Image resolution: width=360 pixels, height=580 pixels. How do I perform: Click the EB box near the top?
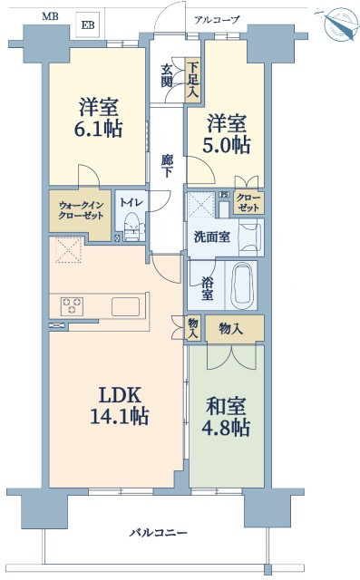click(89, 24)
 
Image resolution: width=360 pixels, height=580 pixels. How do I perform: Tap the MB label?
click(50, 16)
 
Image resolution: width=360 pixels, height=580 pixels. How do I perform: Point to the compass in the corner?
click(338, 24)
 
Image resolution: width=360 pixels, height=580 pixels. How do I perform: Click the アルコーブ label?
click(218, 20)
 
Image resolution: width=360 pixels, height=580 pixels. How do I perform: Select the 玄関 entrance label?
click(167, 76)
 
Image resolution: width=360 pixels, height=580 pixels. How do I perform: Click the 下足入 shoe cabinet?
click(192, 80)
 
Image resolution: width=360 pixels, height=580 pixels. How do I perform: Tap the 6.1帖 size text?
click(99, 129)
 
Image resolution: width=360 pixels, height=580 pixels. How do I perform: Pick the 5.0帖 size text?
click(227, 145)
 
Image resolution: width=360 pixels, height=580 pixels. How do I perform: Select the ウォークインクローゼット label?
click(81, 210)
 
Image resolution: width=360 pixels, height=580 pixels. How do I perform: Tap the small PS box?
click(224, 195)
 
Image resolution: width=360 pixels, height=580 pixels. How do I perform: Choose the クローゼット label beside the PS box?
click(248, 202)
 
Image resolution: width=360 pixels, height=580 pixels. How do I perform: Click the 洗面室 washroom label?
click(212, 237)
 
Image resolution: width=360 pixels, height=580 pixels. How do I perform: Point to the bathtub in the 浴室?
click(242, 285)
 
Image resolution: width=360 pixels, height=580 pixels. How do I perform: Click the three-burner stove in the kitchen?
click(73, 306)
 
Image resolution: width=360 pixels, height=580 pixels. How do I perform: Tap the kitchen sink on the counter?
click(126, 306)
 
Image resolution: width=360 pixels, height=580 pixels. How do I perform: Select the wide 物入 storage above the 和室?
click(235, 328)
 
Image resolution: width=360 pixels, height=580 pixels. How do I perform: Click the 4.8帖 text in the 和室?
click(226, 428)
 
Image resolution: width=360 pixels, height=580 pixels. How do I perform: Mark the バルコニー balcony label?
click(159, 533)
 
